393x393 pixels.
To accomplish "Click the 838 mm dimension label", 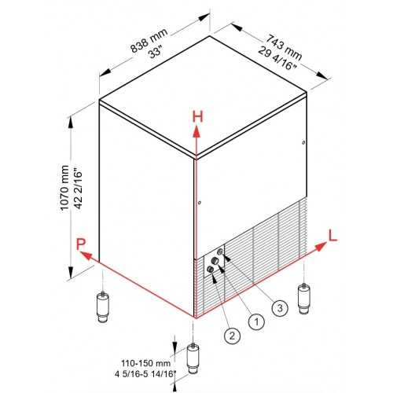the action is pos(149,40).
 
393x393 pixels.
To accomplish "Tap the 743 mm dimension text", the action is pos(284,46).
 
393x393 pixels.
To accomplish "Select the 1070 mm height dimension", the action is pos(64,187).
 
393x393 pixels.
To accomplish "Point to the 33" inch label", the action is pos(156,52).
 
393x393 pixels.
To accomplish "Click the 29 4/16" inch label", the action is pos(277,58).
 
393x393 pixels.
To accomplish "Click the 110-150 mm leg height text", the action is pos(145,363).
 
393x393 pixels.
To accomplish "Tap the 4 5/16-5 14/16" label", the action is pos(145,373).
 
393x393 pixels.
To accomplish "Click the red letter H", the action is pos(198,116).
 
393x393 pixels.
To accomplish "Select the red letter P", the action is pos(81,244).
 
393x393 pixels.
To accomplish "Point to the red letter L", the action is pos(333,236).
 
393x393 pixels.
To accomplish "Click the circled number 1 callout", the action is pos(256,321).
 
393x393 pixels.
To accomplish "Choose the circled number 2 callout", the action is pos(232,336).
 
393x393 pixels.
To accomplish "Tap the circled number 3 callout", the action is pos(280,307).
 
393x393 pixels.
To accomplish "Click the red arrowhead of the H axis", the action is pos(196,131).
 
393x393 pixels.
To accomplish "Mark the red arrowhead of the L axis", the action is pos(320,247).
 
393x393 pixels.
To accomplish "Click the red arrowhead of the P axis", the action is pos(86,255).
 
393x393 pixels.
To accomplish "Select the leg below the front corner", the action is pos(193,358).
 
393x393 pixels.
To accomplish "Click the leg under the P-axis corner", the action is pos(103,307).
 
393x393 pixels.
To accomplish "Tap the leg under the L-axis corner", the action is pos(304,299).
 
